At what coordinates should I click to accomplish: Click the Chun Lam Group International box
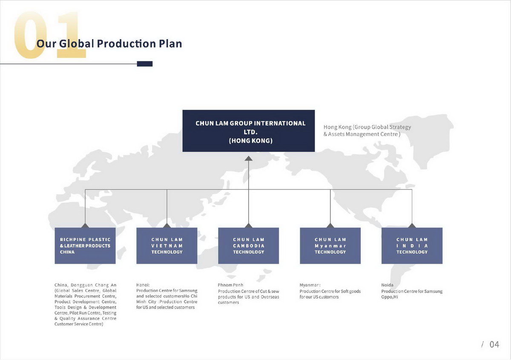[x=248, y=131]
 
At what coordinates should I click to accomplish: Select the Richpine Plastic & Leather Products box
[x=85, y=246]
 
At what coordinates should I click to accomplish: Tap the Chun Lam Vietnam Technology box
[x=167, y=246]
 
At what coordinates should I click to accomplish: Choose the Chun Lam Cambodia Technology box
[x=248, y=246]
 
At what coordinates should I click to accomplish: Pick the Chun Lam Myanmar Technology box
[x=330, y=246]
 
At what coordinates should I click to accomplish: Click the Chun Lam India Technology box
[x=412, y=246]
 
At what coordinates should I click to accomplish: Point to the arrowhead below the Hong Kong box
[x=248, y=158]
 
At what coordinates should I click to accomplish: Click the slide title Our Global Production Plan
[x=109, y=43]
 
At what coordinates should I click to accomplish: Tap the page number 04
[x=494, y=344]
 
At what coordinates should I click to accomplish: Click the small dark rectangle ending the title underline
[x=145, y=64]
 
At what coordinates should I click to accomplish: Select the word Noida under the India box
[x=387, y=285]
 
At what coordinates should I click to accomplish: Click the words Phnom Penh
[x=230, y=285]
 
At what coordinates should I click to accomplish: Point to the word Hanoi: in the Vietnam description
[x=143, y=285]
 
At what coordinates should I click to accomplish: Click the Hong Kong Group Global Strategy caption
[x=367, y=130]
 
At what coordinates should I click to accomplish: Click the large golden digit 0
[x=31, y=35]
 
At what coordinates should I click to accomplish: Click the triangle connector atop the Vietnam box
[x=167, y=226]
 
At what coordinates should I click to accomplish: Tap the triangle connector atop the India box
[x=412, y=226]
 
